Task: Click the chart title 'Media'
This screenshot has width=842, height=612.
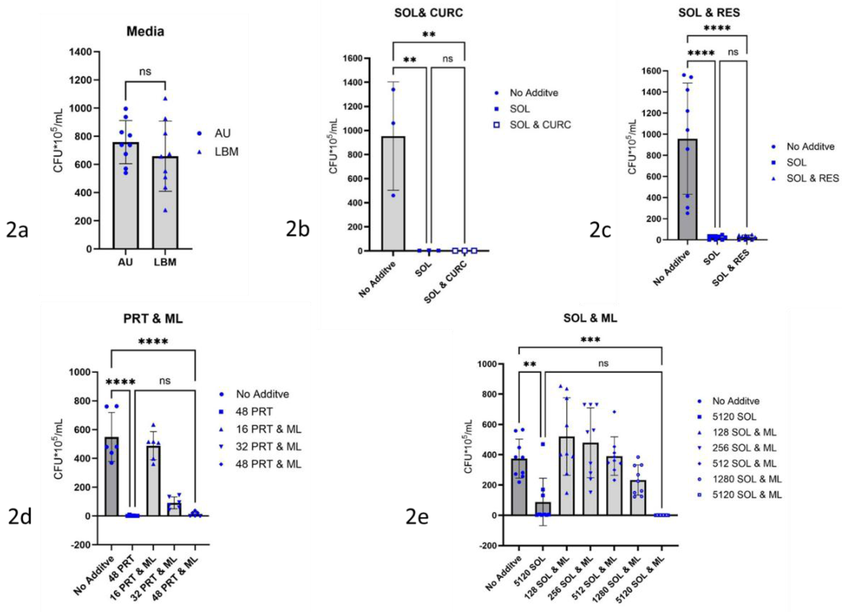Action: coord(145,31)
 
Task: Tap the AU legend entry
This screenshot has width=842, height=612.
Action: coord(222,133)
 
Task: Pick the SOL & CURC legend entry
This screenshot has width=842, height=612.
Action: coord(540,125)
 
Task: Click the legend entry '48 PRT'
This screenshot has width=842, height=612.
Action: coord(254,412)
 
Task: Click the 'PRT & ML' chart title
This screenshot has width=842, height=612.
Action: coord(153,319)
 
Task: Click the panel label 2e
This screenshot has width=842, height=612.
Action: coord(417,517)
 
